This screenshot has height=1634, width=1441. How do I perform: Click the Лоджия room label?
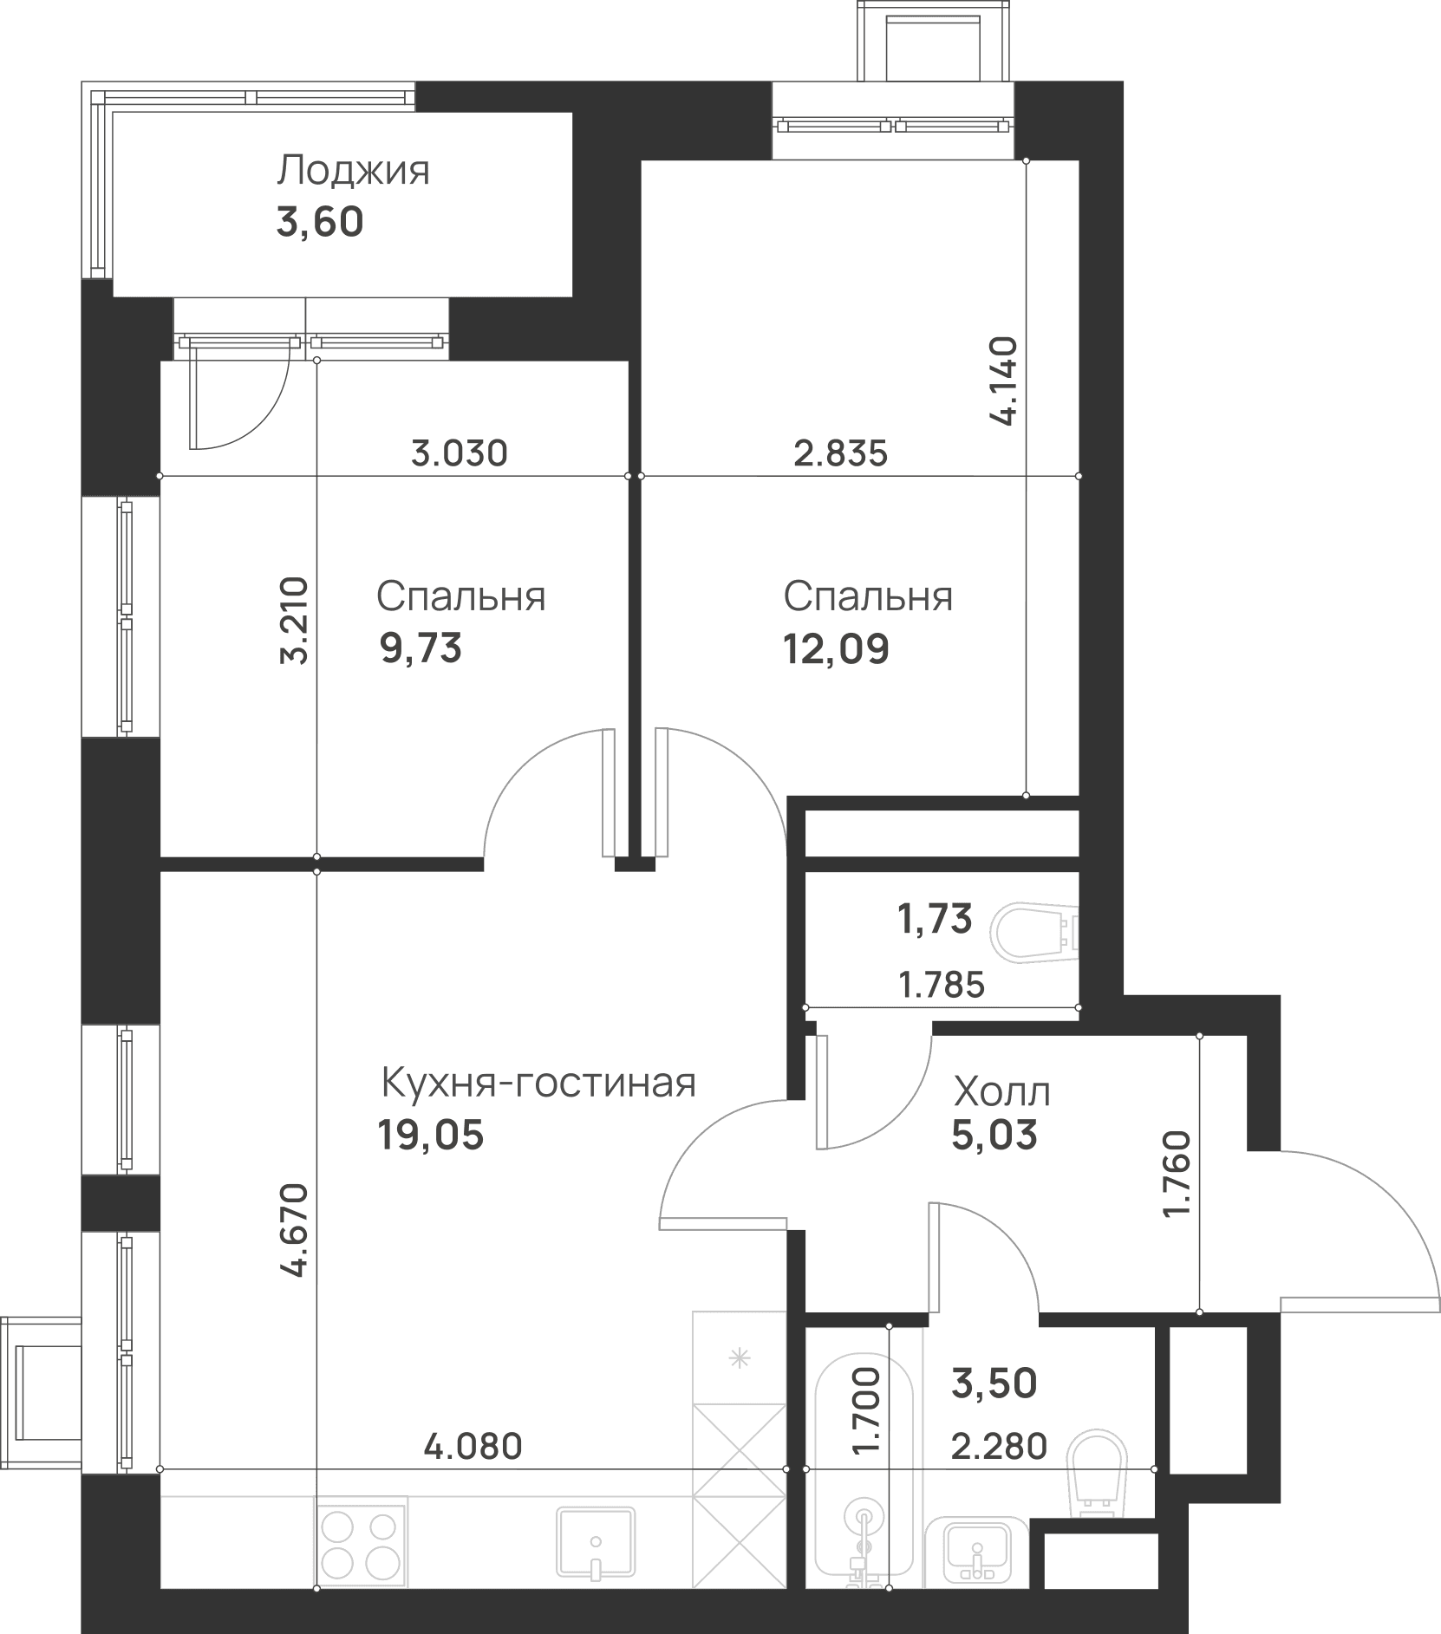pyautogui.click(x=353, y=171)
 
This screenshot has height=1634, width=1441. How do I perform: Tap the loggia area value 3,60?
pyautogui.click(x=319, y=223)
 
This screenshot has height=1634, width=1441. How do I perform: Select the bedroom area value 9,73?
pyautogui.click(x=421, y=648)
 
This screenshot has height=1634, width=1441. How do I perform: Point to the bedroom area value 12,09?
pyautogui.click(x=836, y=648)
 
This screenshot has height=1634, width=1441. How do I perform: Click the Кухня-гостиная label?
pyautogui.click(x=538, y=1083)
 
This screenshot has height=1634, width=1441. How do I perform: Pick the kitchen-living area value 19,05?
pyautogui.click(x=430, y=1134)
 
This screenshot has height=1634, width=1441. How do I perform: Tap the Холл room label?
pyautogui.click(x=1001, y=1092)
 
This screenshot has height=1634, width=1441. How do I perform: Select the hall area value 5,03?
pyautogui.click(x=994, y=1134)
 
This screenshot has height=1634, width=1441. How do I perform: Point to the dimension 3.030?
pyautogui.click(x=459, y=453)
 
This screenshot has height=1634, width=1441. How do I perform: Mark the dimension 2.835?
pyautogui.click(x=841, y=453)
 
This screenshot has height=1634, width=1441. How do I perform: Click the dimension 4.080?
pyautogui.click(x=473, y=1446)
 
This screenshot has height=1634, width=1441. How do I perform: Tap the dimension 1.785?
pyautogui.click(x=942, y=985)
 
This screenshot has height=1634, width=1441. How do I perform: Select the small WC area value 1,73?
pyautogui.click(x=936, y=919)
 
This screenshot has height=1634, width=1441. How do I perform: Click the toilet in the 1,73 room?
pyautogui.click(x=1037, y=933)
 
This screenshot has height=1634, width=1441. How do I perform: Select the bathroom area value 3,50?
pyautogui.click(x=994, y=1384)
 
